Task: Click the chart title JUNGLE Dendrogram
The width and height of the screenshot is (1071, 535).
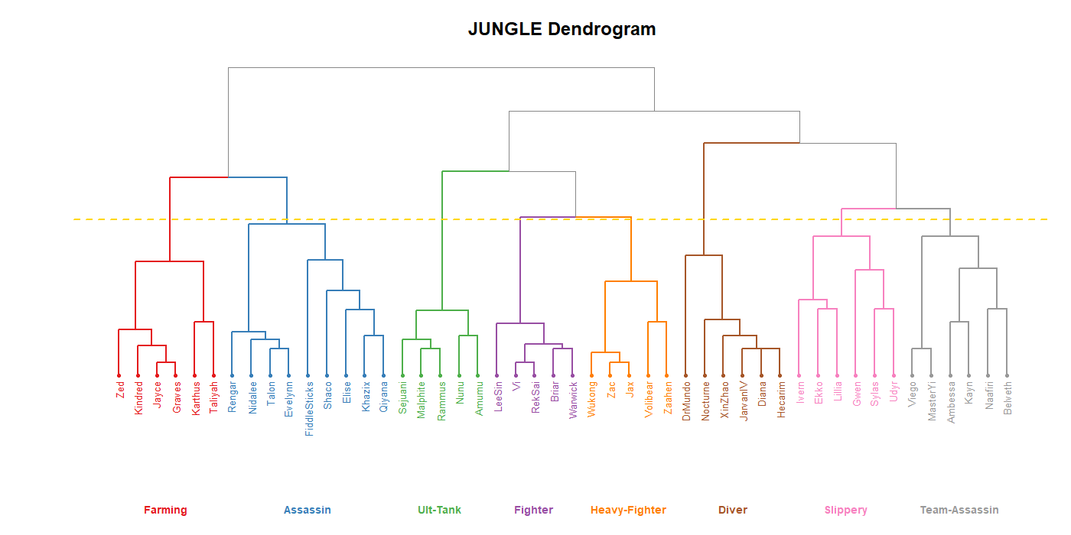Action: (562, 30)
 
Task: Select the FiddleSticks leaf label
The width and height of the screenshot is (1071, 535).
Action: (308, 409)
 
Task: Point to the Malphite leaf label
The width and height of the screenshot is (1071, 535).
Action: (421, 400)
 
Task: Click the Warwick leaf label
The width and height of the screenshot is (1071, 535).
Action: (572, 400)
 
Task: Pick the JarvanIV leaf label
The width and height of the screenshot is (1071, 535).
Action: (742, 401)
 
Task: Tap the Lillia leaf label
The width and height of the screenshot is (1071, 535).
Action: (837, 392)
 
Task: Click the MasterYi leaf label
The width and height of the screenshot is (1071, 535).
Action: (931, 401)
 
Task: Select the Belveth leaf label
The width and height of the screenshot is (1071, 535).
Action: (1007, 398)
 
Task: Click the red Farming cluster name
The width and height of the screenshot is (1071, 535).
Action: (165, 510)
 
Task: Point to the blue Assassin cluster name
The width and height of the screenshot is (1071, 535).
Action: (307, 510)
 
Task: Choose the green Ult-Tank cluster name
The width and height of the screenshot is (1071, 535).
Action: (439, 510)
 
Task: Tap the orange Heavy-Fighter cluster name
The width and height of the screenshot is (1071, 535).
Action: (628, 510)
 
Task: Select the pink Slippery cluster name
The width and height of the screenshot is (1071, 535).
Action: (845, 510)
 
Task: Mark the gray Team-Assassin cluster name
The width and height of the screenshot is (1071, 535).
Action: (959, 510)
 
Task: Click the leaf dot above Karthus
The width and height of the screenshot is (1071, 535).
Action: (194, 375)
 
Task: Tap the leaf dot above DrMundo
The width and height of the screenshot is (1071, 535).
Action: (685, 375)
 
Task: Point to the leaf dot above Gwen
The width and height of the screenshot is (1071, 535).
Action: (855, 375)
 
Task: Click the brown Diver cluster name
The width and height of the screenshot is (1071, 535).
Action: (732, 510)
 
